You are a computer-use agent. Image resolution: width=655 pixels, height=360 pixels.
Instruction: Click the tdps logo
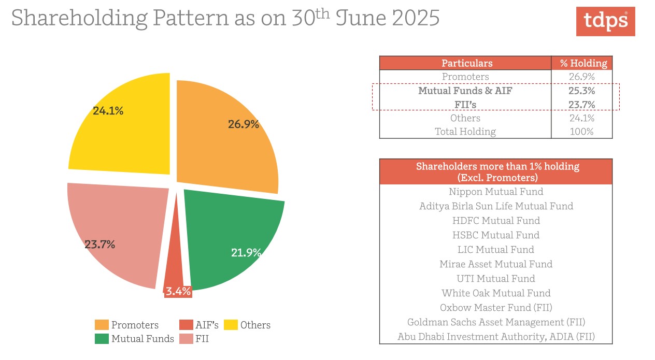tap(605, 21)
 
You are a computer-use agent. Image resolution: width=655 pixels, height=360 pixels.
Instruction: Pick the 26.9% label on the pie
tap(244, 124)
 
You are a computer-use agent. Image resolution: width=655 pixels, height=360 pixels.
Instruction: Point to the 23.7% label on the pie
tap(100, 244)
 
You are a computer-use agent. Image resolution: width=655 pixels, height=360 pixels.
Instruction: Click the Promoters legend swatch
tap(102, 325)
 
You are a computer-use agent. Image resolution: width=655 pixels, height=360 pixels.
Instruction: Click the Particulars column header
tap(467, 63)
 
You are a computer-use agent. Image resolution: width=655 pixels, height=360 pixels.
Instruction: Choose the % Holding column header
tap(583, 63)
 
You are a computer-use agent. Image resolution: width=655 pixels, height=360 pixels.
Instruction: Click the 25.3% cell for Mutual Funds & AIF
tap(581, 91)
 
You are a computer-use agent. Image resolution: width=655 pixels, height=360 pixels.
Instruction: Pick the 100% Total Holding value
tap(581, 132)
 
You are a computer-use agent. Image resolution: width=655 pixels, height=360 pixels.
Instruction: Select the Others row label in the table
tap(465, 118)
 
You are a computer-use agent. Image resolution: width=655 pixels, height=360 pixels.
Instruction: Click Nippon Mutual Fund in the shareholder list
tap(496, 192)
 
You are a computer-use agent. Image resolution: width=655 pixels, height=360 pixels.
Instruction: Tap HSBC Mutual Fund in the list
tap(496, 235)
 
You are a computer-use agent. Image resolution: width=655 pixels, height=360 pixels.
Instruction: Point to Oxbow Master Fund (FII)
tap(496, 308)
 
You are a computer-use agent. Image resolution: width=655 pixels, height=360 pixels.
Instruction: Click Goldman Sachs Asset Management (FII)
tap(496, 322)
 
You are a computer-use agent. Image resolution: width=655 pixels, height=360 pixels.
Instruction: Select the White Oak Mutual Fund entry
tap(496, 293)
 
